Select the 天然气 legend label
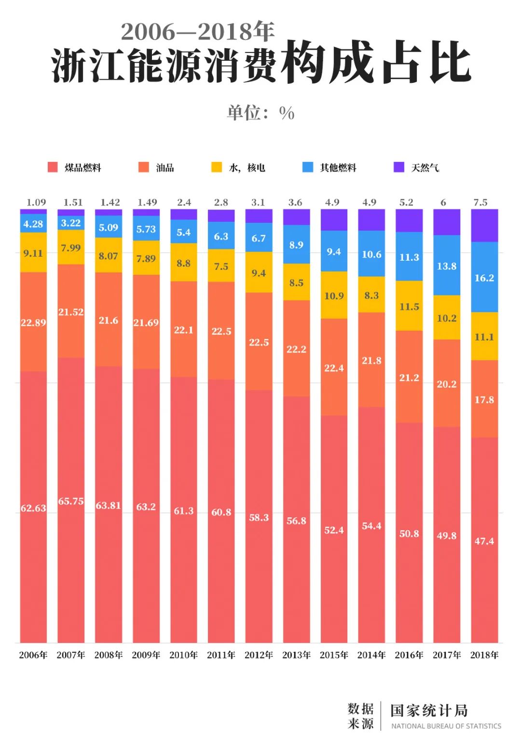point(425,168)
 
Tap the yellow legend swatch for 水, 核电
point(217,167)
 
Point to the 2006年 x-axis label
point(33,655)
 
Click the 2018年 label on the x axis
point(484,655)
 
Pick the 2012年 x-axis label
point(259,655)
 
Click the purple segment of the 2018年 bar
point(484,225)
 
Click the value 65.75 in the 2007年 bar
point(71,501)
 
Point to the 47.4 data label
point(484,541)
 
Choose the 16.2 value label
point(484,278)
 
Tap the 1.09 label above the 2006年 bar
point(36,202)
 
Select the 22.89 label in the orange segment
point(33,322)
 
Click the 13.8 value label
point(447,266)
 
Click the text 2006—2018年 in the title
point(197,32)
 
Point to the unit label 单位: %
point(260,113)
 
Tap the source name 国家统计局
point(429,711)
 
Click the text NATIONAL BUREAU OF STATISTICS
point(446,726)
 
